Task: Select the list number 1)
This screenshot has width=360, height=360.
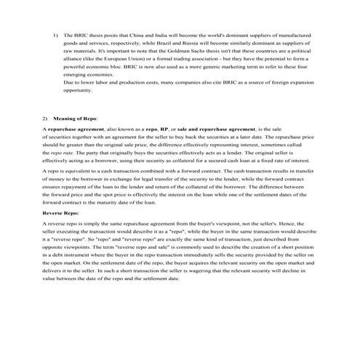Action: click(x=56, y=35)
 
